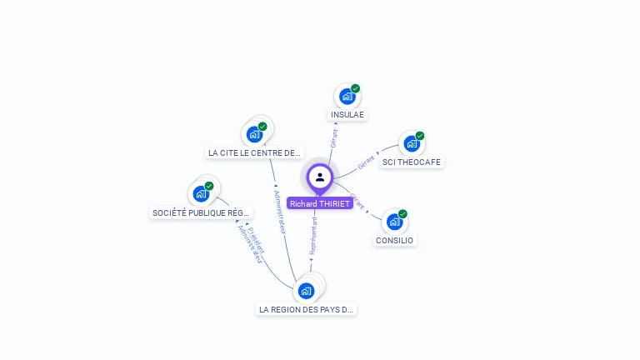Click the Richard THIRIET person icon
tap(320, 177)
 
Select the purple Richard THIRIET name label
tap(320, 203)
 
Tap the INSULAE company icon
tap(347, 97)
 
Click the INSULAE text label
tap(347, 115)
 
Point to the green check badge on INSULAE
tap(356, 88)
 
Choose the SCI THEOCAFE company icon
tap(411, 144)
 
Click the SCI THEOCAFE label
tap(412, 162)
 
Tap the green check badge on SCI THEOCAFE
tap(420, 136)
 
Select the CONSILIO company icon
tap(394, 222)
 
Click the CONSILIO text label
tap(394, 241)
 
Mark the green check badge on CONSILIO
tap(402, 214)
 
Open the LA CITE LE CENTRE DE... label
tap(254, 153)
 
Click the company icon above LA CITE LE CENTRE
tap(254, 134)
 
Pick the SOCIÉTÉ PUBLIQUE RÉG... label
tap(201, 213)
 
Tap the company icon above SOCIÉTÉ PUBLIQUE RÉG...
tap(201, 193)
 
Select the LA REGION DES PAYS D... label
tap(307, 309)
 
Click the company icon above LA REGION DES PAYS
tap(307, 291)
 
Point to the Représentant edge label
tap(313, 235)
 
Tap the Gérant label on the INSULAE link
tap(334, 137)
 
